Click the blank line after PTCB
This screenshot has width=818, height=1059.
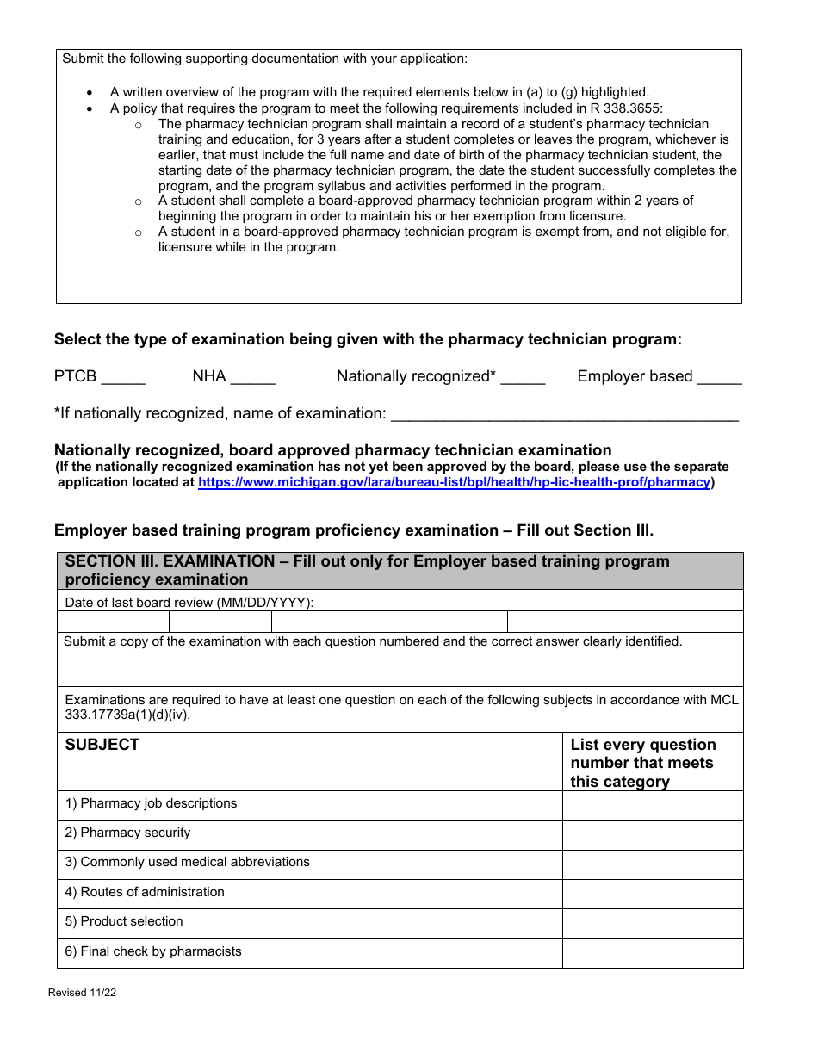pos(123,379)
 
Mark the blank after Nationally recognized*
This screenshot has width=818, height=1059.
pos(523,379)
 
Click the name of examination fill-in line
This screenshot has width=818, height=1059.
pos(564,416)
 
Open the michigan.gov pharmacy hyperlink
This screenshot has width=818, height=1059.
pos(454,483)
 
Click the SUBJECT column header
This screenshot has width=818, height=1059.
pos(102,745)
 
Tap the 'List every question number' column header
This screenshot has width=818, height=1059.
pos(642,763)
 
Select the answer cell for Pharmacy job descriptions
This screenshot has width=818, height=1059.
pos(652,805)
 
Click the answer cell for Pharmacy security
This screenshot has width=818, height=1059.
pos(652,835)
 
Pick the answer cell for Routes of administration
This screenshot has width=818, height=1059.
pos(652,894)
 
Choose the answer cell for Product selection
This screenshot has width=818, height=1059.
pos(652,923)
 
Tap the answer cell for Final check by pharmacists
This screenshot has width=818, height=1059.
pos(652,953)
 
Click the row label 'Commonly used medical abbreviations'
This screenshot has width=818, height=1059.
pos(187,862)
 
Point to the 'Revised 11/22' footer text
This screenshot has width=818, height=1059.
pos(82,993)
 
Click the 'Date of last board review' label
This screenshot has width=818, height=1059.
pos(189,603)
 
